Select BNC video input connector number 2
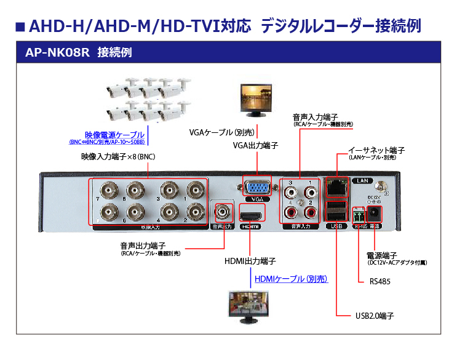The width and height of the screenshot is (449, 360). coord(195,212)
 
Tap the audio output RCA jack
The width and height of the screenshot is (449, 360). coord(221,212)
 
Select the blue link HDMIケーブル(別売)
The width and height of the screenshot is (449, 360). coord(291,279)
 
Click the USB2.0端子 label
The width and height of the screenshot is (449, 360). coord(374,316)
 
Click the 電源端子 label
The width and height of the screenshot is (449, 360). coord(381,255)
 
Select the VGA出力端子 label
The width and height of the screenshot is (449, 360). coord(255,146)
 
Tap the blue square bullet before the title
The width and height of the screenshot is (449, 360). coord(20,26)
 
